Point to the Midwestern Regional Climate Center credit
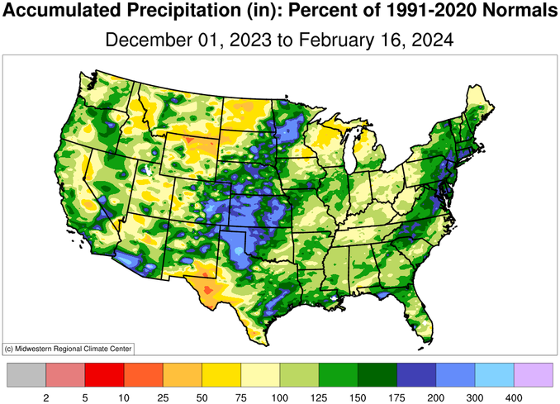coord(69,348)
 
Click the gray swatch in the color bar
coord(26,375)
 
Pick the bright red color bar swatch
coord(104,375)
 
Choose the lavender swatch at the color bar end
coord(534,375)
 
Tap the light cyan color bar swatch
coord(495,375)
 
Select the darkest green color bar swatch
coord(377,375)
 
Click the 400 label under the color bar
coord(515,397)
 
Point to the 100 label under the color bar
coord(280,397)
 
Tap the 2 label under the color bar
coord(45,397)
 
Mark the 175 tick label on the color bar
coord(397,397)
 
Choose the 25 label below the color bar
coord(163,397)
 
